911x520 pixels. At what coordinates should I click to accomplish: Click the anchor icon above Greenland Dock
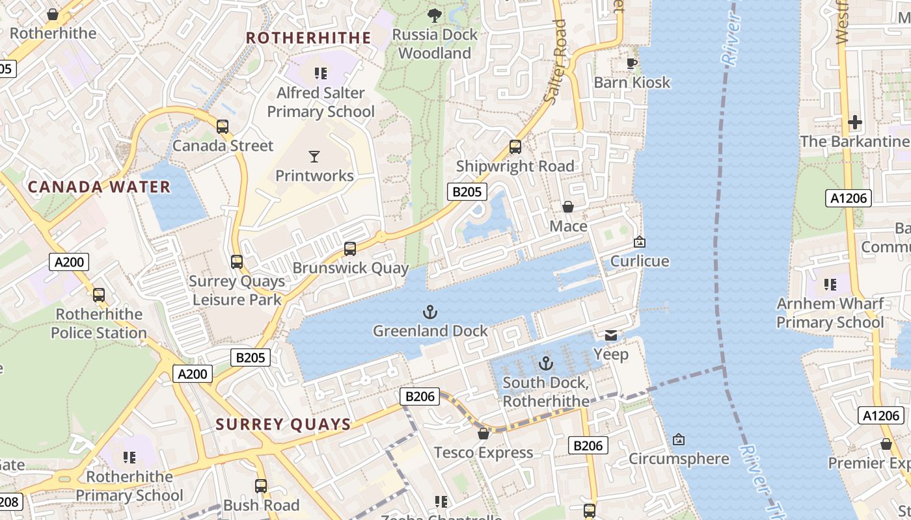(x=429, y=313)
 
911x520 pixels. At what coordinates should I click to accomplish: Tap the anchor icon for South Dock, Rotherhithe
(x=545, y=363)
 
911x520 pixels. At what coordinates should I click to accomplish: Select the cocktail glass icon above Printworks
(x=314, y=157)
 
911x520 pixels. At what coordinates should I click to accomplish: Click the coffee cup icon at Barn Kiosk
(x=631, y=63)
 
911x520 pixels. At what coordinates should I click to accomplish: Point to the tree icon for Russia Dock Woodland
(x=434, y=15)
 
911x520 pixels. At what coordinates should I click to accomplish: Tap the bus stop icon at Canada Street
(x=223, y=127)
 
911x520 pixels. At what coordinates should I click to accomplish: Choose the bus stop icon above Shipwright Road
(x=515, y=147)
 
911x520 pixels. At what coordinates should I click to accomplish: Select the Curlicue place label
(x=639, y=261)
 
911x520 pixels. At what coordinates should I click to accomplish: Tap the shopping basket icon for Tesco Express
(x=483, y=434)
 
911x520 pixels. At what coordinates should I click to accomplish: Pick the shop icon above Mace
(x=568, y=207)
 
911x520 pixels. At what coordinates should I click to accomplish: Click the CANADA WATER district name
(x=99, y=187)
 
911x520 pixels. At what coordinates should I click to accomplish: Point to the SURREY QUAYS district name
(x=283, y=425)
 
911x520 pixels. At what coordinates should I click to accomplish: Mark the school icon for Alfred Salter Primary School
(x=320, y=73)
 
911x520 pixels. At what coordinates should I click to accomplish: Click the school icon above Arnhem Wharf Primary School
(x=830, y=284)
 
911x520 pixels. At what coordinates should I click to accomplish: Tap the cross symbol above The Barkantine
(x=854, y=122)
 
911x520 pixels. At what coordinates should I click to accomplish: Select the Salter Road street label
(x=555, y=62)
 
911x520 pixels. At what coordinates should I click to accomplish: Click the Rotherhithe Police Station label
(x=99, y=324)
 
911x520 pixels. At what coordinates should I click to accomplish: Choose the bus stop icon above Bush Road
(x=261, y=486)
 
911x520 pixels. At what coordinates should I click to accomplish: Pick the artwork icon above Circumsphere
(x=678, y=440)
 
